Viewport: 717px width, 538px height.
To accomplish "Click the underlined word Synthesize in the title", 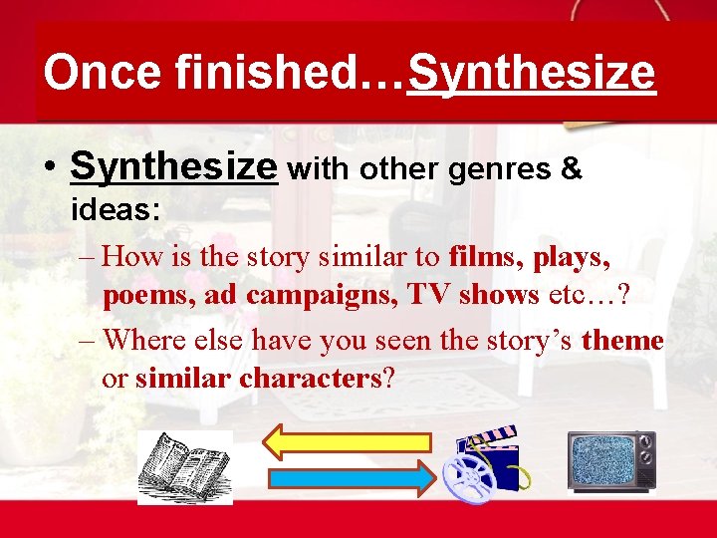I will tap(532, 74).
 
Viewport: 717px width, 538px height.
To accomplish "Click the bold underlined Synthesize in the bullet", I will tap(173, 167).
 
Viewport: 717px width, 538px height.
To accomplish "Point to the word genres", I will tap(501, 169).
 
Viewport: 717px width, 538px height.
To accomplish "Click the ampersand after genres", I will tap(572, 168).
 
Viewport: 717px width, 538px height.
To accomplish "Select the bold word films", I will tap(487, 257).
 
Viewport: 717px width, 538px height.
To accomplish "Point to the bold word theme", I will tap(622, 340).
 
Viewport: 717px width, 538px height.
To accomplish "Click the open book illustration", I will tap(185, 467).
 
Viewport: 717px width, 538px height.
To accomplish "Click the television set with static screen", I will tap(611, 460).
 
